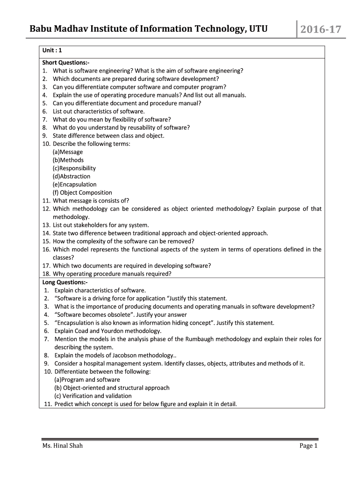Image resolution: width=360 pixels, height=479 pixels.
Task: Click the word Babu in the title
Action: (41, 29)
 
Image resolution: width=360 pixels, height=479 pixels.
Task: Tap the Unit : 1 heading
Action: (52, 51)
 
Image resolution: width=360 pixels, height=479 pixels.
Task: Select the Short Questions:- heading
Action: (65, 63)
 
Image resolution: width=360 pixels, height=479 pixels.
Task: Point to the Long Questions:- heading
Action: (65, 282)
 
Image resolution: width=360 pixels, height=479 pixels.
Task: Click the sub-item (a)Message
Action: (68, 152)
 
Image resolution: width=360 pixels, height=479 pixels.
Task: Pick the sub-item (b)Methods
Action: (68, 160)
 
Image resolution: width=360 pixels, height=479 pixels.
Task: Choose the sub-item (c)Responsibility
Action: (74, 168)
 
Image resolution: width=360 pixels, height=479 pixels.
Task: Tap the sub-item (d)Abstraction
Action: (72, 176)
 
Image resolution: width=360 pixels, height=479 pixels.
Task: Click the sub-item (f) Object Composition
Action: (82, 192)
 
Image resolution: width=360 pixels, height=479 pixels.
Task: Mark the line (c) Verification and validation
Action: (93, 396)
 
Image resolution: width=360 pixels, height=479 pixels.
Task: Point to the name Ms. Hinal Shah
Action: (62, 446)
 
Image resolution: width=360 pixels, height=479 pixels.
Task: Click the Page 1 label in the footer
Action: (309, 446)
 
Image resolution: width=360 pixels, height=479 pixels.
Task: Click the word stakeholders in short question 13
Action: (89, 225)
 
